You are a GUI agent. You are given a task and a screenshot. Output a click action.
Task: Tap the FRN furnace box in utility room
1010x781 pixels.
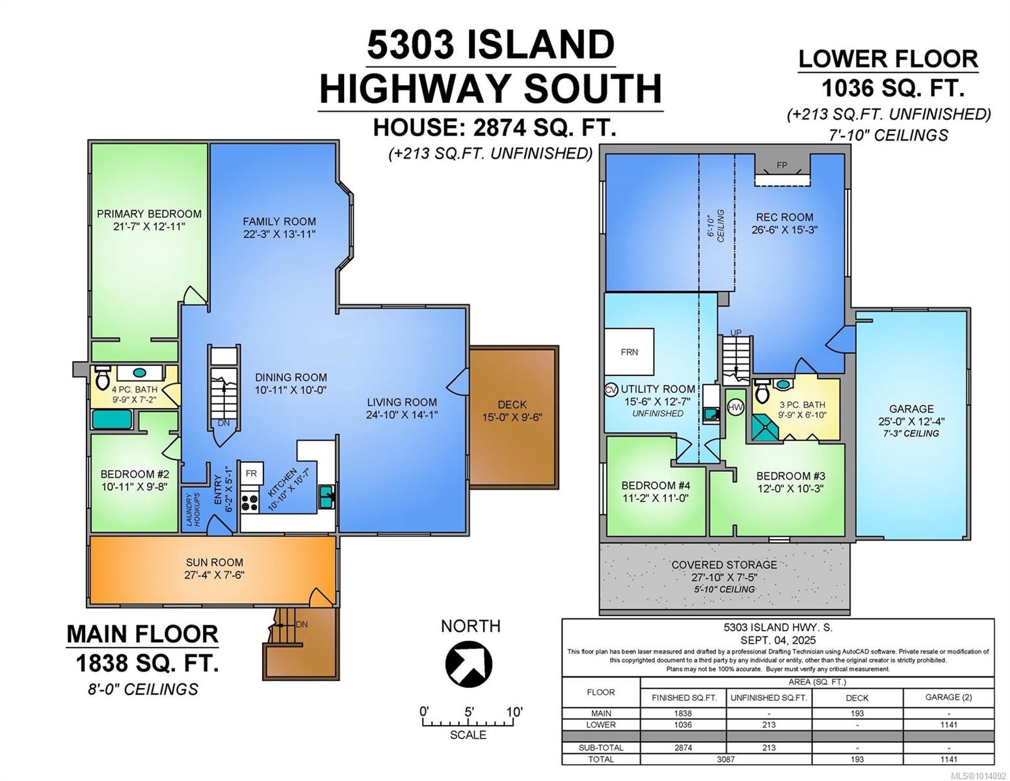629,352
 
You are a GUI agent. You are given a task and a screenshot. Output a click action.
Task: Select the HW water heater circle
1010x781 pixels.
735,407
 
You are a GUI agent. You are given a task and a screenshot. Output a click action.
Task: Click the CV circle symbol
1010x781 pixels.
610,389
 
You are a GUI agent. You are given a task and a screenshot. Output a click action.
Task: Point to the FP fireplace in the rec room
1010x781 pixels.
782,171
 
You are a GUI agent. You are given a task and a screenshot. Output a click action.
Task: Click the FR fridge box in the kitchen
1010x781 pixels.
250,473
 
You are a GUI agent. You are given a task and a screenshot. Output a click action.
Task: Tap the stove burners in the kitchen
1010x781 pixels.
250,502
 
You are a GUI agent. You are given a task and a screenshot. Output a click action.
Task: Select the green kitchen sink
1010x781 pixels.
326,497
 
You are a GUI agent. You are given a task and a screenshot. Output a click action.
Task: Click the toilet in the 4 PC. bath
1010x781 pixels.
103,377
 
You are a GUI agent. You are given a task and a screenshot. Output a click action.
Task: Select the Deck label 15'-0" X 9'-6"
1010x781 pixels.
512,411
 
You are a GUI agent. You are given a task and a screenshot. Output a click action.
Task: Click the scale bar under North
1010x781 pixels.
468,722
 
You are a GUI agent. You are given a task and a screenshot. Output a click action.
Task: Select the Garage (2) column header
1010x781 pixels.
948,697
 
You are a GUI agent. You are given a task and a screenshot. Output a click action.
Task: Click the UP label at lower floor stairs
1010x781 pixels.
736,333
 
